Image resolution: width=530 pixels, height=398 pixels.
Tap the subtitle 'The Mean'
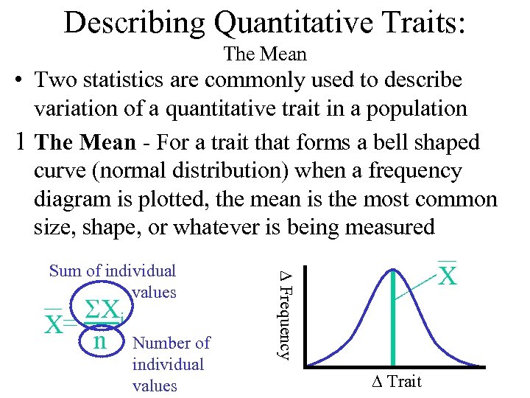coord(264,55)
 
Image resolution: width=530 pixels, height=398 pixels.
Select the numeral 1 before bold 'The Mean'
coord(22,142)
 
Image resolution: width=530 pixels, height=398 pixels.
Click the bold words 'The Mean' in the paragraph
coord(85,142)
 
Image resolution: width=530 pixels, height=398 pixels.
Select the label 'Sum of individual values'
coord(113,281)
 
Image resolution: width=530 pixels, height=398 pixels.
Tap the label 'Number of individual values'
coord(169,364)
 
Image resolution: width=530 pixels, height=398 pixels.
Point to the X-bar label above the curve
coord(448,274)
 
